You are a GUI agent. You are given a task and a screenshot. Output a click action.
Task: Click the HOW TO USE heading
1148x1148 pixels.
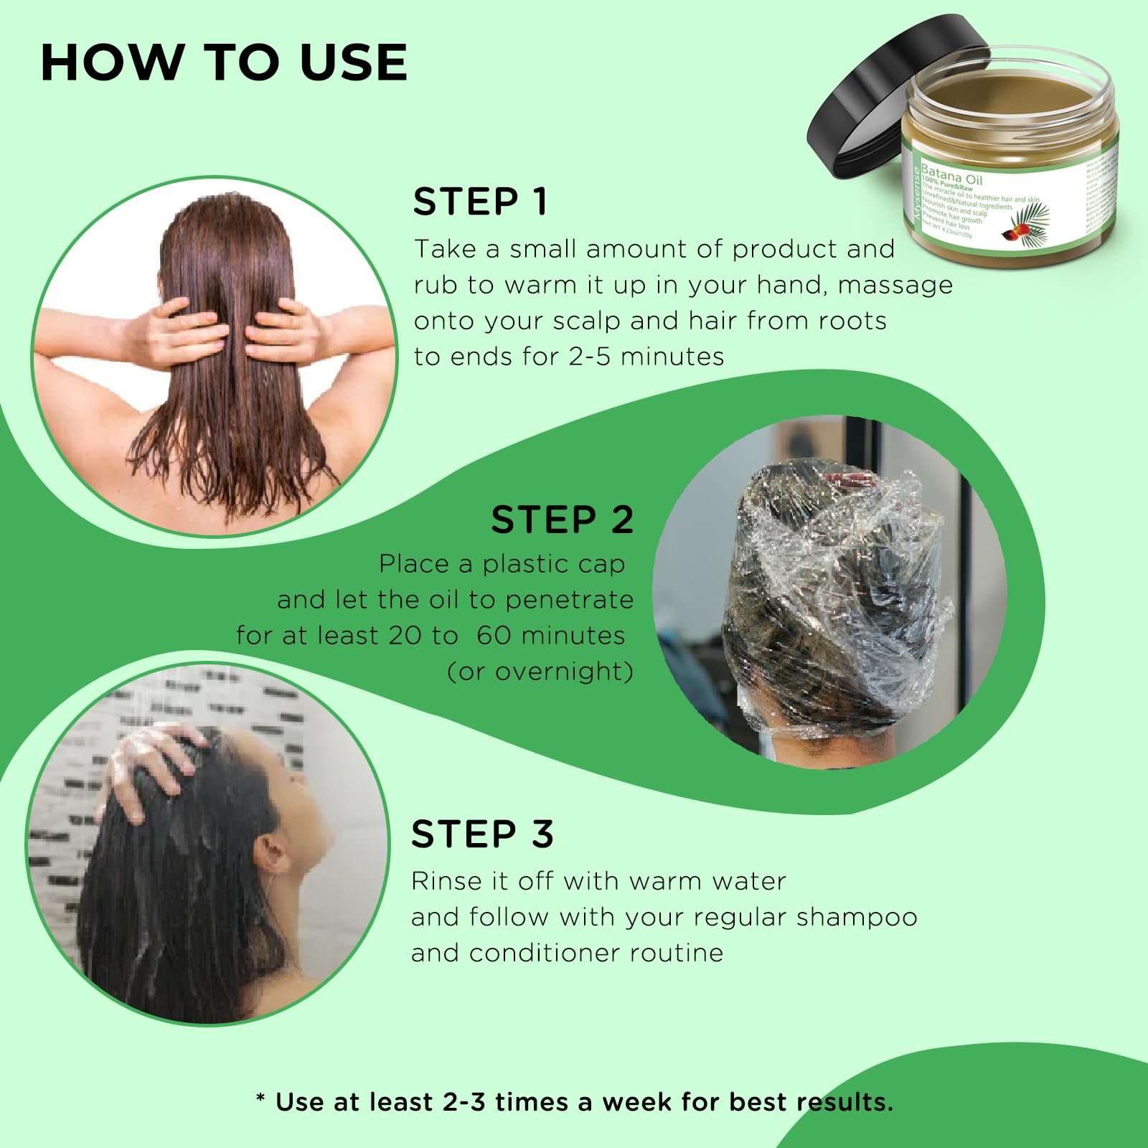pos(224,62)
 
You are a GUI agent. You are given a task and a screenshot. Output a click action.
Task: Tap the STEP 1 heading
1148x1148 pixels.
pos(480,202)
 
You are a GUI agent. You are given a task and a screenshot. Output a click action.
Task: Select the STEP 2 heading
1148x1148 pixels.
pos(562,519)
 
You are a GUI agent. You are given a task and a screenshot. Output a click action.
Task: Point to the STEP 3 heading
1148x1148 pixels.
pos(482,834)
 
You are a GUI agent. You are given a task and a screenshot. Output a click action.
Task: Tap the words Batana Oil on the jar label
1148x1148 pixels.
pos(951,174)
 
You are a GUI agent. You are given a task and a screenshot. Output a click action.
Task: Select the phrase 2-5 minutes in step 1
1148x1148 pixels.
pos(646,357)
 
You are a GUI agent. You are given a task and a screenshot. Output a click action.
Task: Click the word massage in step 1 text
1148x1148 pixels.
pos(895,285)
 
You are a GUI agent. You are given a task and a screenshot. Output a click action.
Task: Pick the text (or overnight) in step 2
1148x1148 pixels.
pos(540,672)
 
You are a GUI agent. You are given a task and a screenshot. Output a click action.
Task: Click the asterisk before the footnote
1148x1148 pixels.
pos(260,1100)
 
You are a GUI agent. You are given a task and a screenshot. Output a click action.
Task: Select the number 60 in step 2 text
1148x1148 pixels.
pos(493,636)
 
